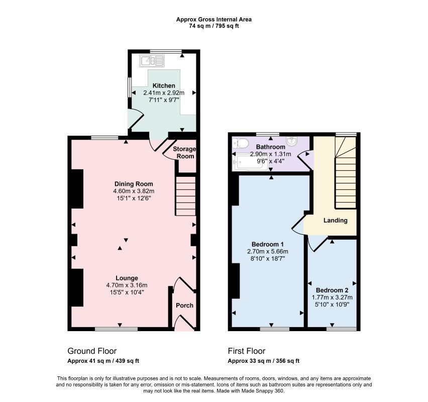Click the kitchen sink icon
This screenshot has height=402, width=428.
(x=152, y=61)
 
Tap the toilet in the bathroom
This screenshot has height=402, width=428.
(x=240, y=143)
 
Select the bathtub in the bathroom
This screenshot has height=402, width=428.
(x=250, y=163)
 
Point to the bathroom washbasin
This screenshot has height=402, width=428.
(x=292, y=140)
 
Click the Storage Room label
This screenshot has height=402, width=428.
(x=184, y=153)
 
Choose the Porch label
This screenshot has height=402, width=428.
(x=184, y=306)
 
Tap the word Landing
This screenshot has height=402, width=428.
(x=336, y=221)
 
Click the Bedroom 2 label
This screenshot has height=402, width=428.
(x=332, y=290)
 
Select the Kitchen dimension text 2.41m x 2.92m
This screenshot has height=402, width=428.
(x=164, y=92)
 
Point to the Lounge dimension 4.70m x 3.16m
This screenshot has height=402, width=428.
(x=127, y=285)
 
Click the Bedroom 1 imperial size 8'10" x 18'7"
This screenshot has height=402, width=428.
(x=267, y=258)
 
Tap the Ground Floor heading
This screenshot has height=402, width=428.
(x=92, y=351)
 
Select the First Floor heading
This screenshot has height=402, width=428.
(x=247, y=351)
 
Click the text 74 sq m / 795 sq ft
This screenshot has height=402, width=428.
(x=214, y=26)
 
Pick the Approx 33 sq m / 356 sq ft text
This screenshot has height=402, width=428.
(x=264, y=361)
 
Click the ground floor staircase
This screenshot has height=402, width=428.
(x=185, y=196)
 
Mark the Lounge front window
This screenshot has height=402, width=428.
(x=116, y=329)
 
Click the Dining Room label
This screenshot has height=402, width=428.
(x=134, y=184)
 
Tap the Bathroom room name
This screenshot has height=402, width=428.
(x=270, y=147)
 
